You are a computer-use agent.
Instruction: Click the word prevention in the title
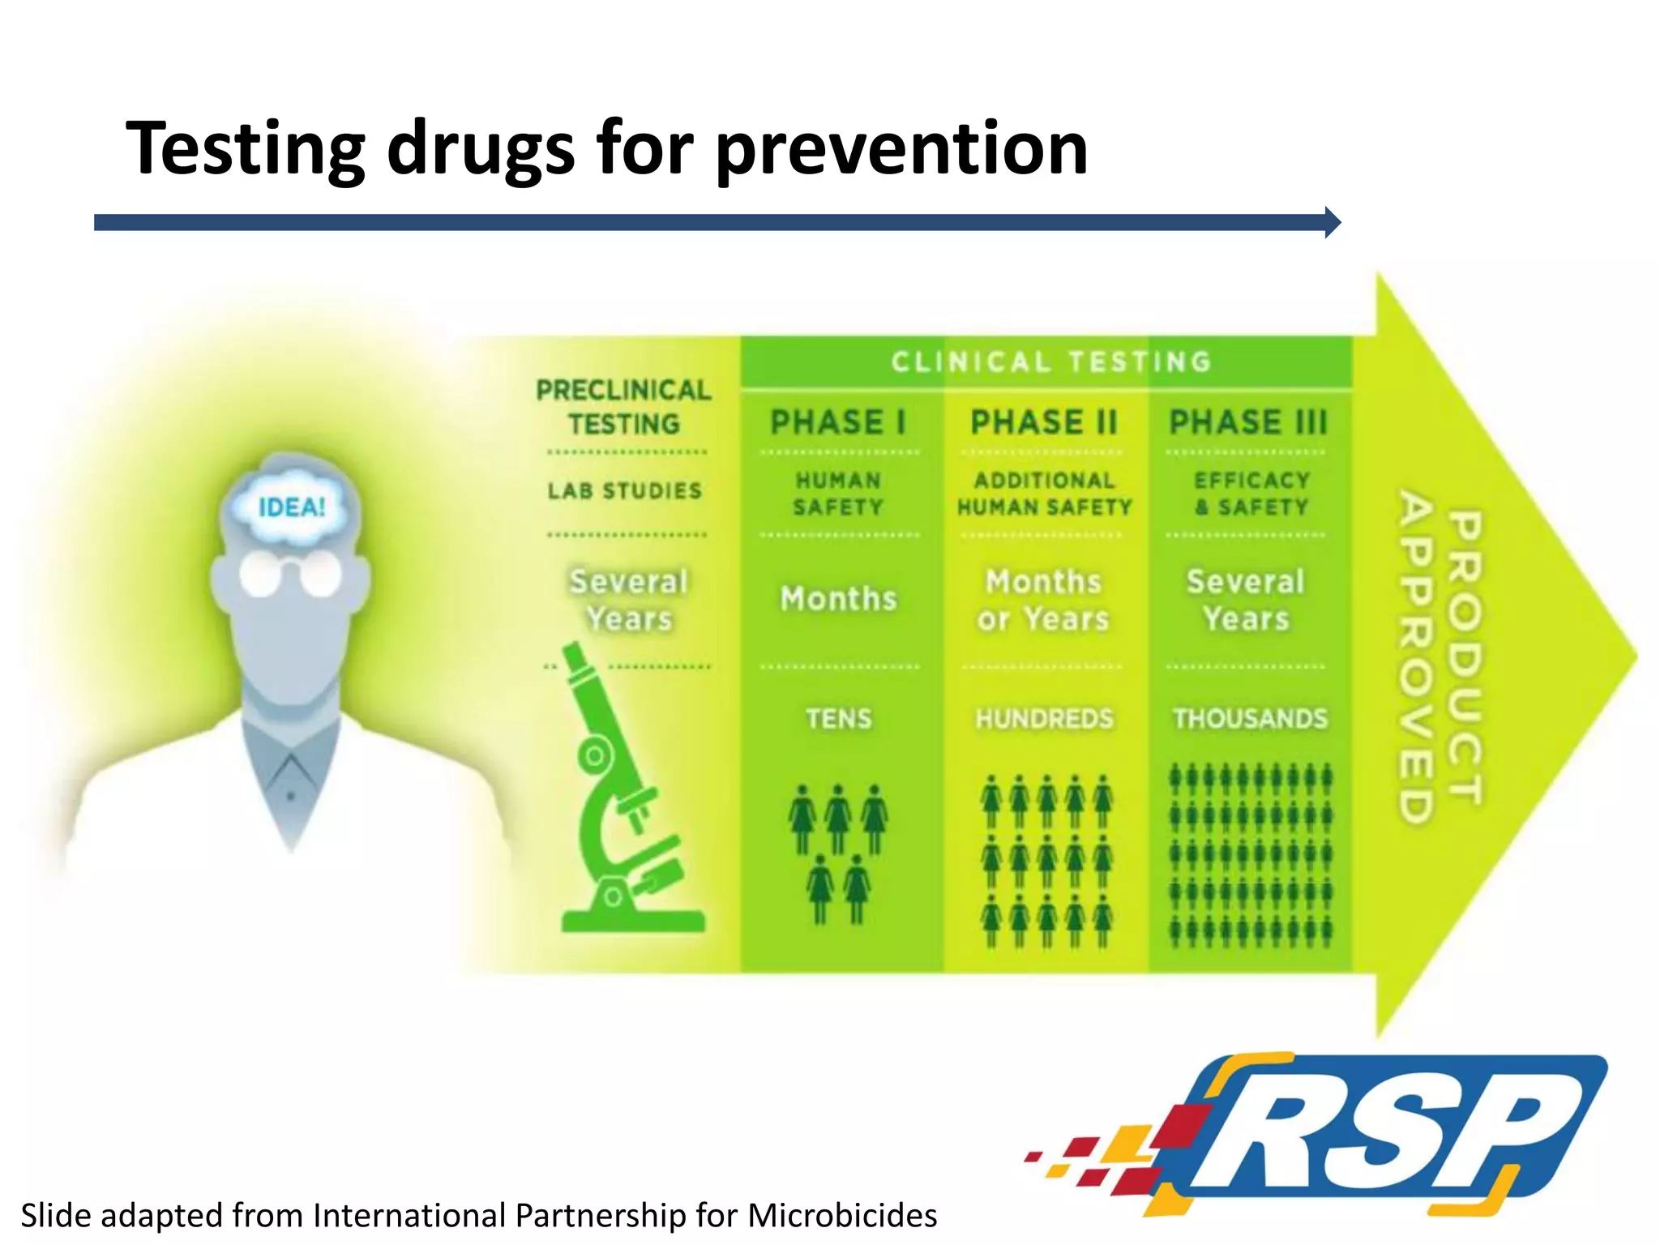pos(901,149)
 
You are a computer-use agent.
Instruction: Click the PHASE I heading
pos(838,422)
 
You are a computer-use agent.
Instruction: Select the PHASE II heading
pos(1044,422)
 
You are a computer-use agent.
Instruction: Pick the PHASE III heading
pos(1248,422)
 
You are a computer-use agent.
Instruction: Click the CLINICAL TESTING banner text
pos(1051,362)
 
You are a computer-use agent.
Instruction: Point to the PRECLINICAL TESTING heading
pos(623,407)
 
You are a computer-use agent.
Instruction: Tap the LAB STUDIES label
pos(624,491)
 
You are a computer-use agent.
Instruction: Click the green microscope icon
pos(624,802)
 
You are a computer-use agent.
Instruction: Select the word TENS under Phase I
pos(838,719)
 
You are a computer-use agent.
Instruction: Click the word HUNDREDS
pos(1044,719)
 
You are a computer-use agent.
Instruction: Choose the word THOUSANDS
pos(1250,719)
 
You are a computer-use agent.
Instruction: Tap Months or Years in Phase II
pos(1043,601)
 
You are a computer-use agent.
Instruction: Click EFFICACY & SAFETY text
pos(1251,494)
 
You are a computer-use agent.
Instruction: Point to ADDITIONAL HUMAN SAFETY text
pos(1044,494)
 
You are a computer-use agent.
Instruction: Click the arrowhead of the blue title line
pos(1332,222)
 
